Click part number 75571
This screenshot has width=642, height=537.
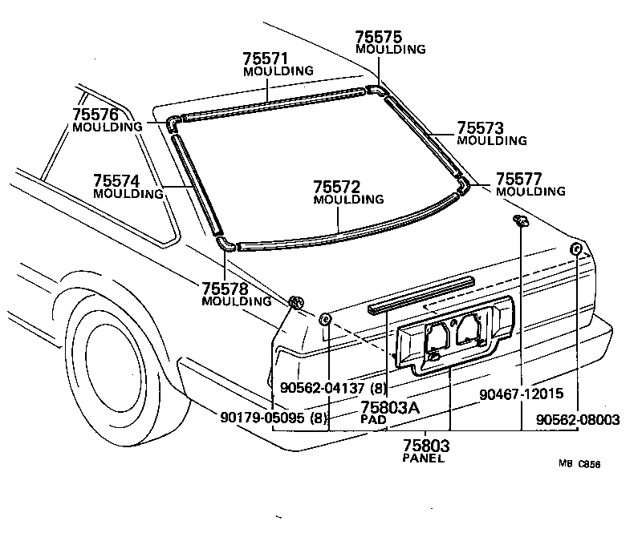pyautogui.click(x=266, y=59)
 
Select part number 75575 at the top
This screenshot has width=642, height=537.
pyautogui.click(x=379, y=36)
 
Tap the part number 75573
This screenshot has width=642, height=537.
pyautogui.click(x=480, y=128)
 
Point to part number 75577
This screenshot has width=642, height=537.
pyautogui.click(x=518, y=178)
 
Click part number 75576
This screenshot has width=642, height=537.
pyautogui.click(x=95, y=114)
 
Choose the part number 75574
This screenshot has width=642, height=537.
pyautogui.click(x=116, y=180)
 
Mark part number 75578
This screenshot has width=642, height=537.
pyautogui.click(x=225, y=289)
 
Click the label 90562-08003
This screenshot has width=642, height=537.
pyautogui.click(x=578, y=419)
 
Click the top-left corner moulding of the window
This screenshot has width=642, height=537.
pyautogui.click(x=174, y=122)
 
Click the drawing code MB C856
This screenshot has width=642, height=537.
pyautogui.click(x=579, y=463)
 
